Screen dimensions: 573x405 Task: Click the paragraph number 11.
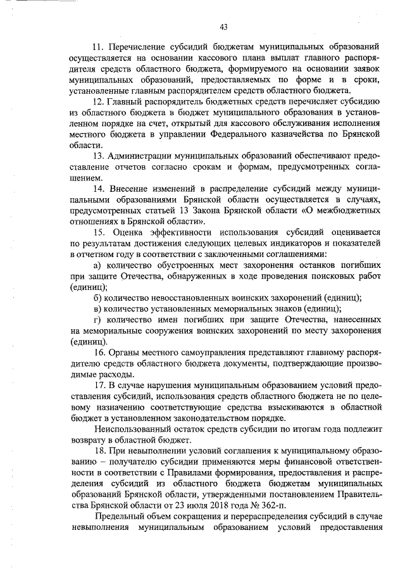(x=97, y=47)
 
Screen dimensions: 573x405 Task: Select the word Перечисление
(x=138, y=47)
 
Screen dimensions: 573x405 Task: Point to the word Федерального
(x=257, y=135)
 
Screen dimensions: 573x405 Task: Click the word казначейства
(x=316, y=135)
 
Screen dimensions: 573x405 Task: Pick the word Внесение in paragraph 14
(x=130, y=191)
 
